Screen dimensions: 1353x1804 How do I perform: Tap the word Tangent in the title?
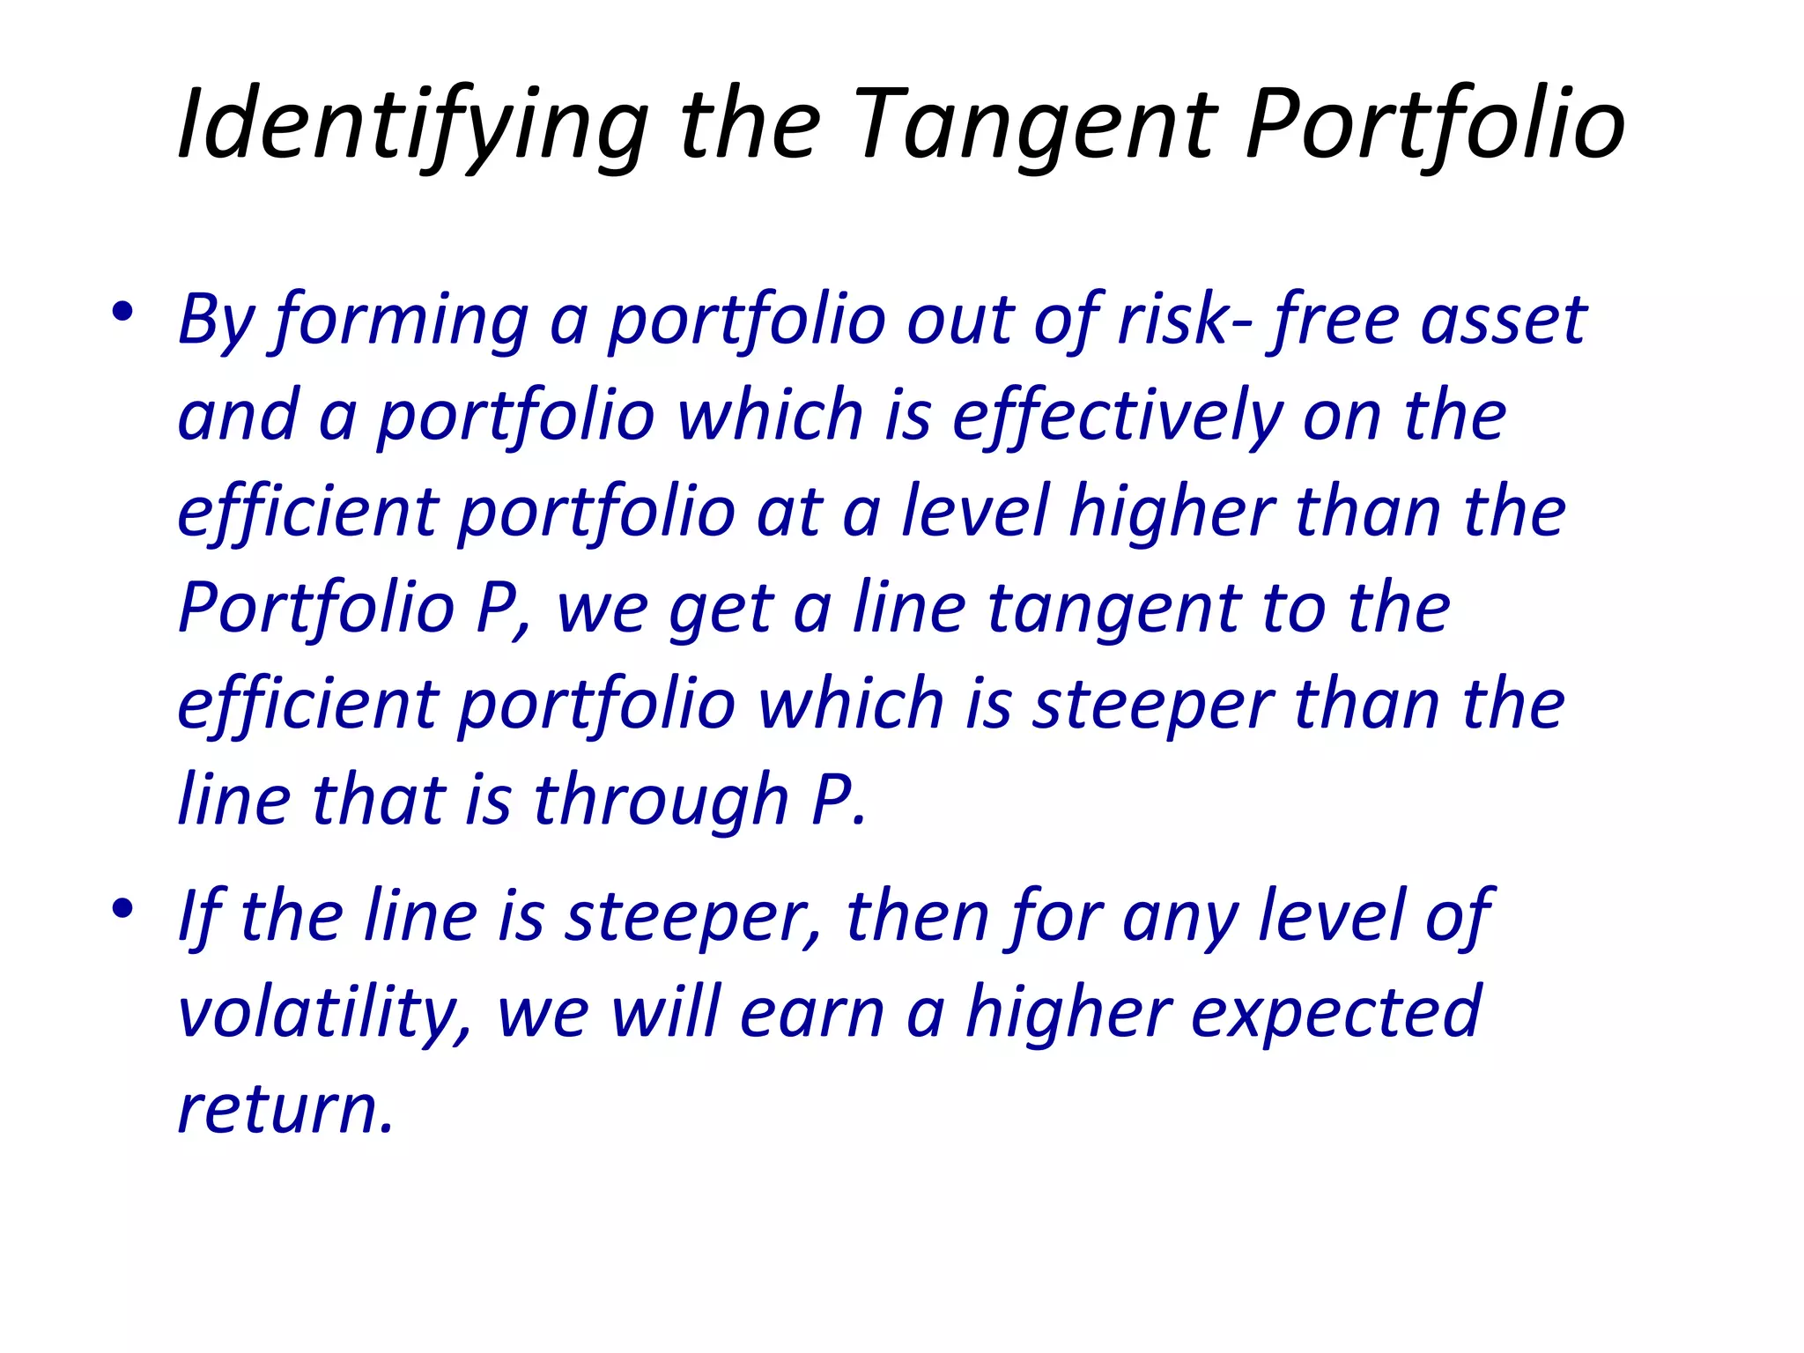point(1034,125)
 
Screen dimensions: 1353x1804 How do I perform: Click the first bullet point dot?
point(122,312)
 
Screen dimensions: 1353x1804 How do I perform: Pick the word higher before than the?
point(1172,514)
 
